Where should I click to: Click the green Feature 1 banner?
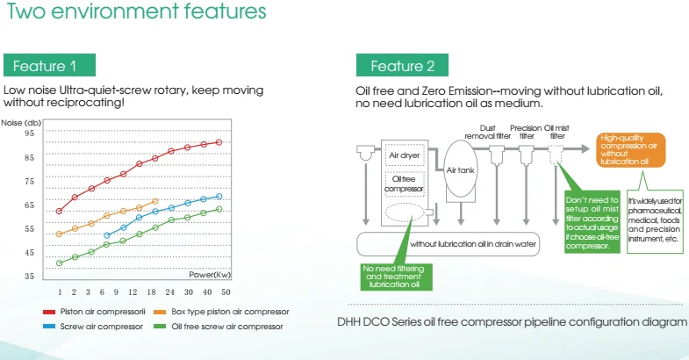point(49,65)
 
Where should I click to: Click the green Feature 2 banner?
point(402,65)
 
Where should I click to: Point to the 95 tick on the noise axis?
point(30,133)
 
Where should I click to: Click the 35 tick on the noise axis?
point(30,276)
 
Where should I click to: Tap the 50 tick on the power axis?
point(226,292)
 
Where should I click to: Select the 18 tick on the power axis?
point(152,292)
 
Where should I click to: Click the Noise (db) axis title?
point(21,123)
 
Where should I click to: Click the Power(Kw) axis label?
point(210,275)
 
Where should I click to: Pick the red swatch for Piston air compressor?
point(49,312)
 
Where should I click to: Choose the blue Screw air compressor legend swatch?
point(49,327)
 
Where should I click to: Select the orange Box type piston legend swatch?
point(160,312)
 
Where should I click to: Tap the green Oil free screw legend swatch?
point(160,327)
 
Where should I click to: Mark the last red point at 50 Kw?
point(219,142)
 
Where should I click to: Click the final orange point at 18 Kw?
point(154,201)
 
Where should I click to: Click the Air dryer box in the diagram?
point(405,155)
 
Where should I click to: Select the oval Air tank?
point(461,169)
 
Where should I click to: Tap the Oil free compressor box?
point(405,184)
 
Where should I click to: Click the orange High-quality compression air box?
point(630,150)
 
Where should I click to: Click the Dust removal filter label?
point(487,132)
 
